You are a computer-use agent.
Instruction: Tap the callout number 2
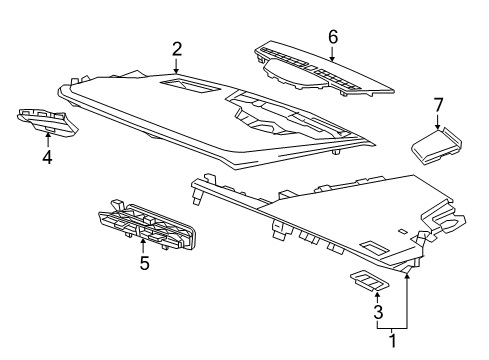coord(177,47)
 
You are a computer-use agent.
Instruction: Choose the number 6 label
coord(333,37)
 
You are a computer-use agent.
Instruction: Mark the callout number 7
coord(437,104)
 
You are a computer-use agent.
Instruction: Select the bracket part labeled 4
coord(46,121)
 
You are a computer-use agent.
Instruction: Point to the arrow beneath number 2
coord(177,66)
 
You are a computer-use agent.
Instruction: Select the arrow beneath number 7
coord(437,122)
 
